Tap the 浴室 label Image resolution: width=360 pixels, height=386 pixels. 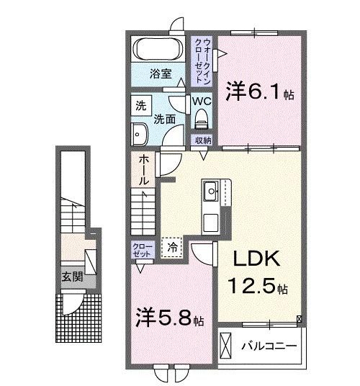point(159,73)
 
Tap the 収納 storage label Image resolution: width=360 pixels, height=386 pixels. point(202,140)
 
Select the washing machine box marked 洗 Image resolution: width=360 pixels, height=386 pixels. point(140,105)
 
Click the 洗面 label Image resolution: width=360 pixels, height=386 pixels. point(163,119)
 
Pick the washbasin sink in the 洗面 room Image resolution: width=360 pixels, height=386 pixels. point(140,133)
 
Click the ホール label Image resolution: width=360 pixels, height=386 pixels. point(144,169)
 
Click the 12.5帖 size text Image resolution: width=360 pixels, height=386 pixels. point(257,287)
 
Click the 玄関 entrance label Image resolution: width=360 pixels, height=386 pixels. point(69,277)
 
